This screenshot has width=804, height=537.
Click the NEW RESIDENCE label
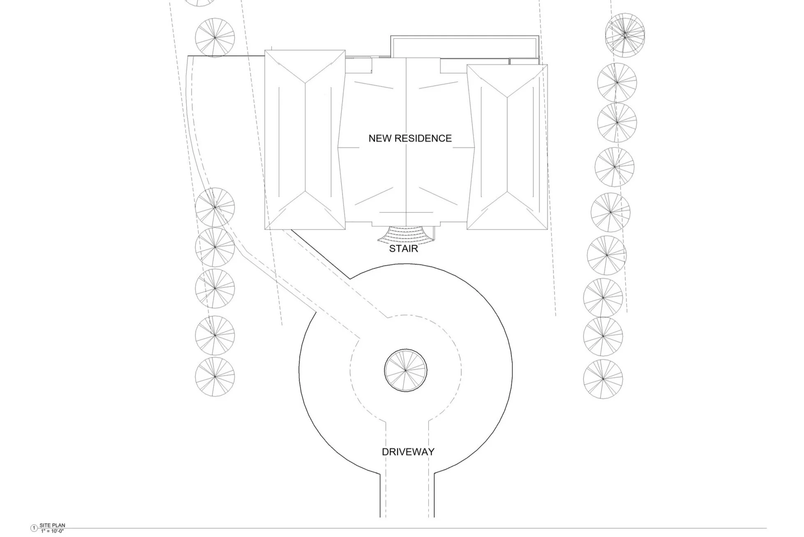pos(410,138)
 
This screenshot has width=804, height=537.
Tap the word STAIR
pos(403,249)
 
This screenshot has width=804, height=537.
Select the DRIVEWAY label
pos(408,452)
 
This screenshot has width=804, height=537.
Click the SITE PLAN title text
pos(52,525)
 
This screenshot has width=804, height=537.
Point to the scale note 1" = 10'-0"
pos(52,531)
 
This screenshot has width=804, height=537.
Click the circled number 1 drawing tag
pos(34,528)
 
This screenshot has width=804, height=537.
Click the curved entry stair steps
pos(406,235)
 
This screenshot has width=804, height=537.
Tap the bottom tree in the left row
pos(215,377)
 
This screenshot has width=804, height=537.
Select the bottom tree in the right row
pos(603,379)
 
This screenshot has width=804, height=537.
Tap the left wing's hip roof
pos(305,140)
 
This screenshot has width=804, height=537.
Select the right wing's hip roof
pos(507,147)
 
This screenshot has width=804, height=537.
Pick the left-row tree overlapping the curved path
pos(215,207)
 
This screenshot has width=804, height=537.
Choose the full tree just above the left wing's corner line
pos(215,37)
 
